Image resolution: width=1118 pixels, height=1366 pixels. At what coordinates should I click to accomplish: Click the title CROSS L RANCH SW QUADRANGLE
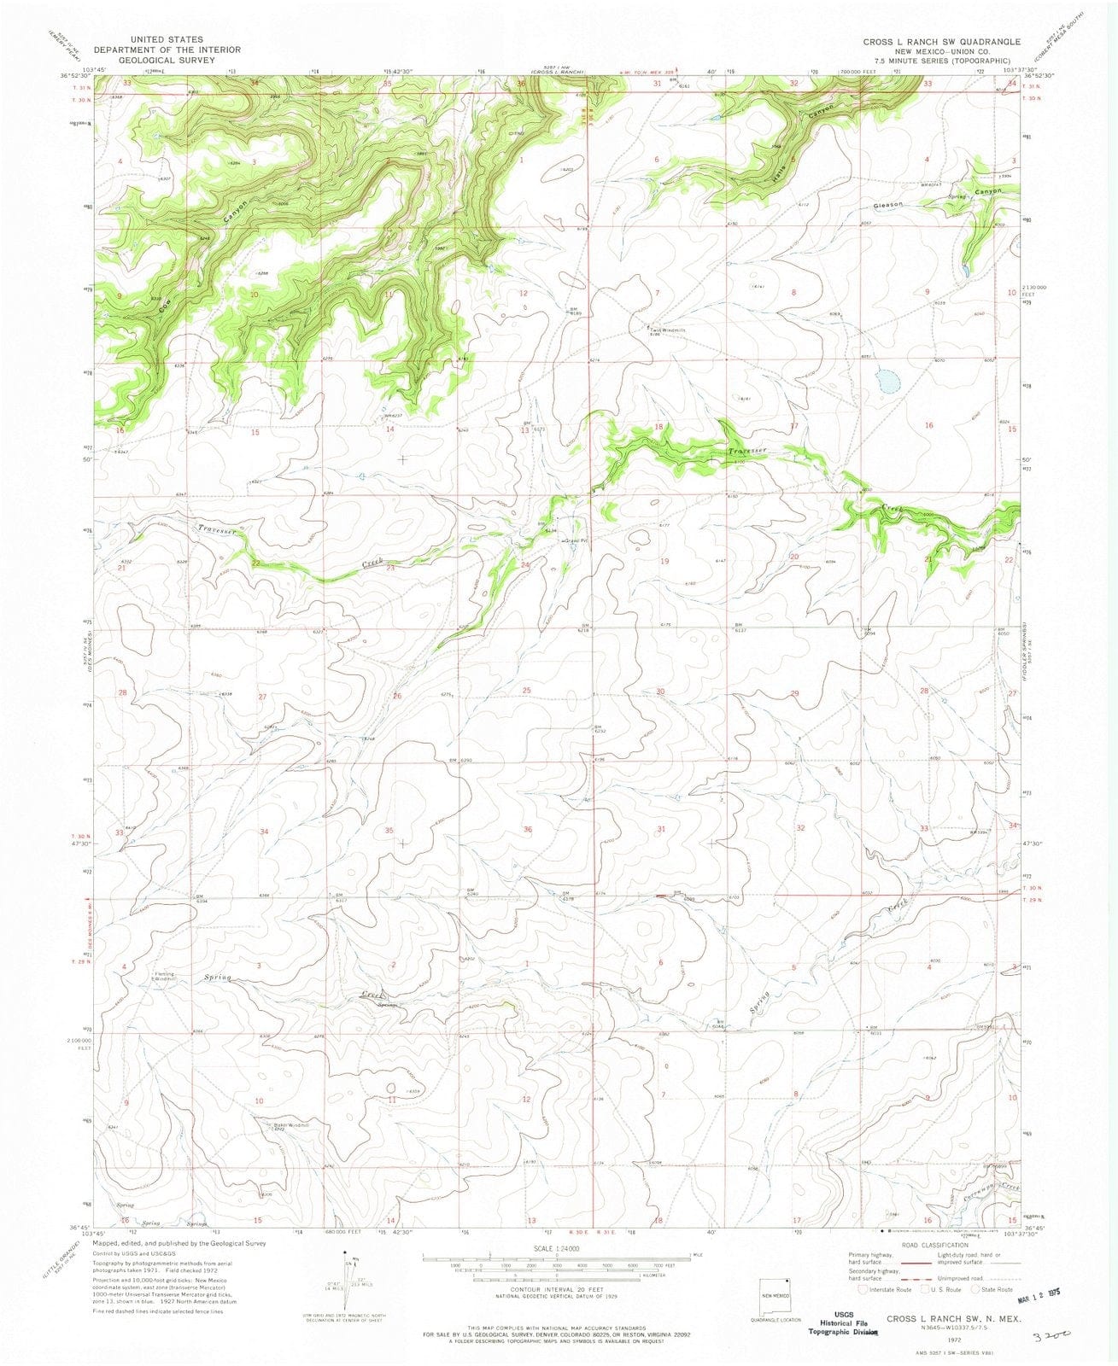929,41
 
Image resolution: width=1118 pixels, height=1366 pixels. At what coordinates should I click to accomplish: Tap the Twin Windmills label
667,330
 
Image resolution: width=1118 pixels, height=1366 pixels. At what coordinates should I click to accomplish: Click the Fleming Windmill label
164,977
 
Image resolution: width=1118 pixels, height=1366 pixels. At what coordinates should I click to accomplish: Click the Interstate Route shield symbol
864,1290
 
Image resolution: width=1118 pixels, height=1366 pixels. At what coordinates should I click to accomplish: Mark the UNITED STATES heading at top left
167,39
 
